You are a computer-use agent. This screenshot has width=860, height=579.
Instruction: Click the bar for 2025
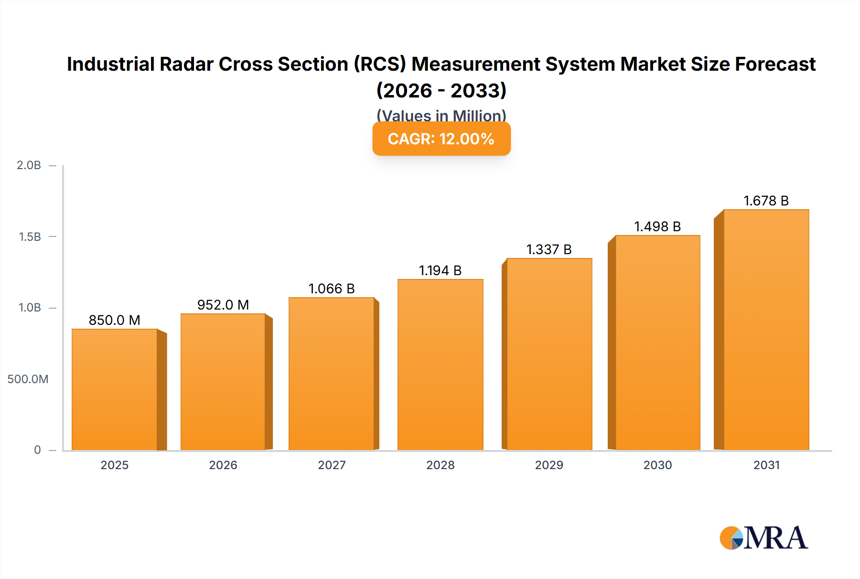click(115, 389)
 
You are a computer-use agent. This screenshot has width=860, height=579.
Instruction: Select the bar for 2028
click(440, 365)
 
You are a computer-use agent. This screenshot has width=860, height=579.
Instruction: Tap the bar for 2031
click(766, 330)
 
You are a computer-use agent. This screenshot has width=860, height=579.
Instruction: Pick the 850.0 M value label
click(115, 320)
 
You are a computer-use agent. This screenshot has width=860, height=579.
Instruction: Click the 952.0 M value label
click(223, 305)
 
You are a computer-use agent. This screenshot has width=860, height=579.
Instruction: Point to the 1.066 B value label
click(332, 289)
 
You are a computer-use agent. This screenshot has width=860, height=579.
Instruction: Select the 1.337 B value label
click(549, 249)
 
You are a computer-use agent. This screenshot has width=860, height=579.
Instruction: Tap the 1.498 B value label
click(657, 226)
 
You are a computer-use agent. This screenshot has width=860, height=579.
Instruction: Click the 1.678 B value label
click(766, 201)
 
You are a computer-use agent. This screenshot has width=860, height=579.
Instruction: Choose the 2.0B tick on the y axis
click(29, 165)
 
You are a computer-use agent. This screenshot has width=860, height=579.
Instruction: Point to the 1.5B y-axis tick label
click(30, 236)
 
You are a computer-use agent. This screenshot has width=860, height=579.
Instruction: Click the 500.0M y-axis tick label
click(28, 379)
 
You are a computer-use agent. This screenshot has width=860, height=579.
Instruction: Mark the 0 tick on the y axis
click(37, 450)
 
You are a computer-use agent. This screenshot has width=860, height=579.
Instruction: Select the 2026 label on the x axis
click(223, 465)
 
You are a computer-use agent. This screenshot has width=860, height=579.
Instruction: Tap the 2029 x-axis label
click(549, 465)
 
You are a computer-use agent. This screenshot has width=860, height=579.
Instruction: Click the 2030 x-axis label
click(657, 465)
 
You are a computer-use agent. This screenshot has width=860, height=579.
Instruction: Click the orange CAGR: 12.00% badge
click(441, 139)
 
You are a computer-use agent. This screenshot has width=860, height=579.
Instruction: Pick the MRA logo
click(763, 538)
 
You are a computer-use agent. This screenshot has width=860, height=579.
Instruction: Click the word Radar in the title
click(186, 64)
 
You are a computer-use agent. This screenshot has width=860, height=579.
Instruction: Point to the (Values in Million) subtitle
click(441, 115)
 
